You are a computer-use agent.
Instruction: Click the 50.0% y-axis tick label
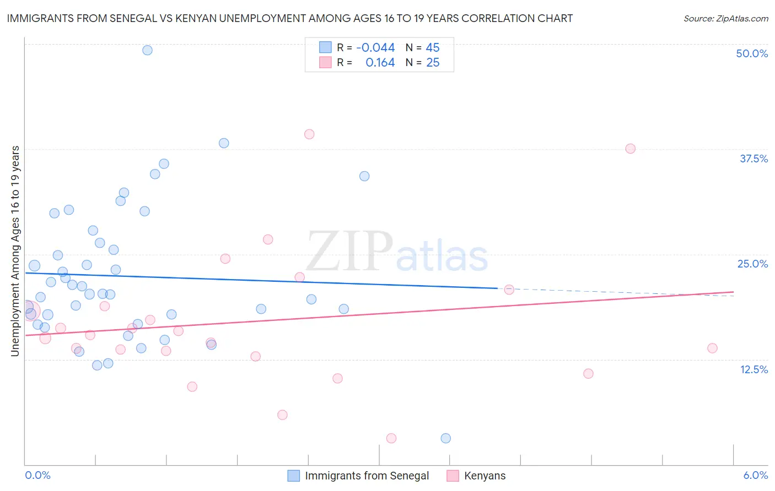coord(752,53)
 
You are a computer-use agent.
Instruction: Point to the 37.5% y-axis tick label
coord(754,159)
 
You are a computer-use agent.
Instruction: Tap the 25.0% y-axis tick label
coord(752,264)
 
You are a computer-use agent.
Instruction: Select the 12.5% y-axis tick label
coord(754,369)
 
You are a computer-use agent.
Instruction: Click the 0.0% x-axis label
coord(37,475)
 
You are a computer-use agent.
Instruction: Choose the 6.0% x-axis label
coord(755,475)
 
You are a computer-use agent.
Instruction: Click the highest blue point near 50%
coord(147,50)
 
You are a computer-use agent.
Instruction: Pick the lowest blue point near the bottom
coord(445,438)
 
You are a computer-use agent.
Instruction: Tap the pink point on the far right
coord(712,348)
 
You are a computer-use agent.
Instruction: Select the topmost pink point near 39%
coord(309,134)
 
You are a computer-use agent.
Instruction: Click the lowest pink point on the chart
coord(391,438)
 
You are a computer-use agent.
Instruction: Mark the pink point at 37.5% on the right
coord(631,149)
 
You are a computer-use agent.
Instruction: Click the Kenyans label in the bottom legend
coord(485,476)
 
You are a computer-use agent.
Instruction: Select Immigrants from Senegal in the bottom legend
coord(367,476)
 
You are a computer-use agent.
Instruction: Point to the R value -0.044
coord(375,48)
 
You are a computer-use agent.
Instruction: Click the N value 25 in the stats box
coord(433,63)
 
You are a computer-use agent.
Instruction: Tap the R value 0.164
coord(380,63)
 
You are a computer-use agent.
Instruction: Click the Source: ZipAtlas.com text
coord(725,19)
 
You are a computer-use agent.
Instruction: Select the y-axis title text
coord(15,251)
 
